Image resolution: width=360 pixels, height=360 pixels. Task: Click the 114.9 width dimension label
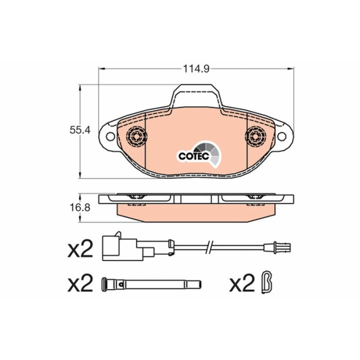[196, 68]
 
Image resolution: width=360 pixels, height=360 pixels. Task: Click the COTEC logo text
[194, 156]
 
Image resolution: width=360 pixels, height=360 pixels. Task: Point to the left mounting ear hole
[111, 137]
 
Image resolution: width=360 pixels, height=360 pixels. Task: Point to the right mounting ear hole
[282, 136]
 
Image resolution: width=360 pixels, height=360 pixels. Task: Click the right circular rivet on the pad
[255, 137]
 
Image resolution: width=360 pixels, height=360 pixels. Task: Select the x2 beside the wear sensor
[80, 248]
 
